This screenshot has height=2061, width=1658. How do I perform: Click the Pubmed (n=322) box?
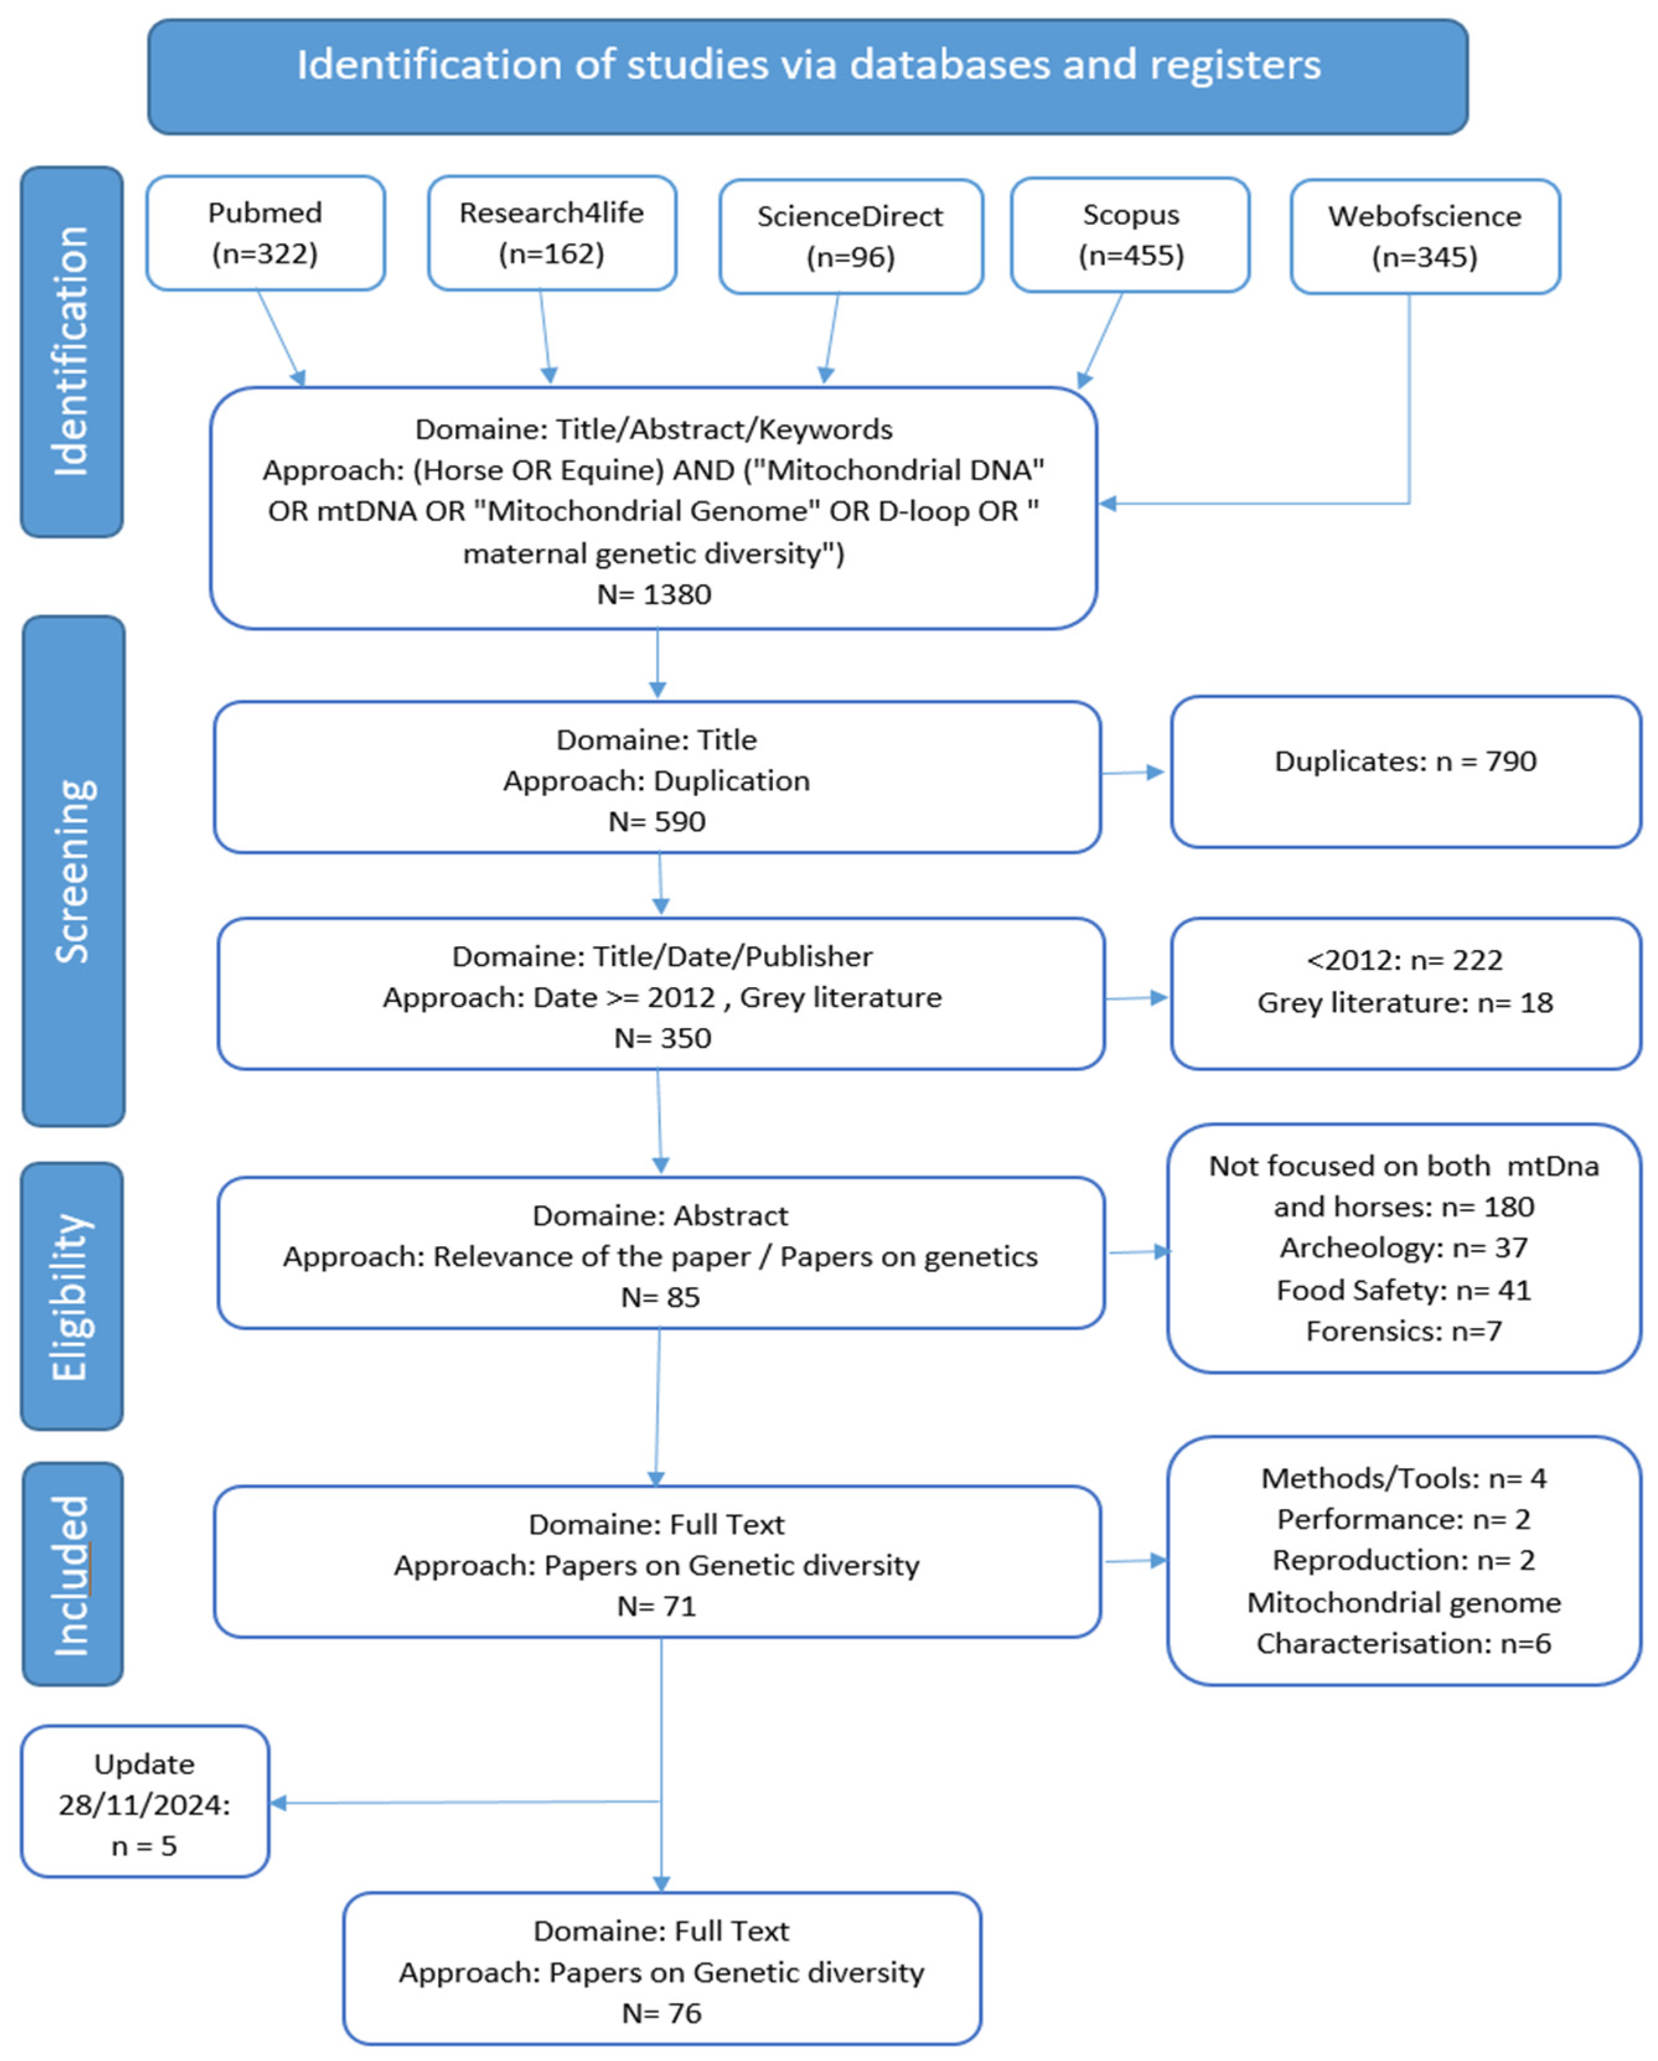tap(265, 232)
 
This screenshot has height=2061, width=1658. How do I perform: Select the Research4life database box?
tap(552, 232)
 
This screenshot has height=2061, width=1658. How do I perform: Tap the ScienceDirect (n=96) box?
tap(850, 236)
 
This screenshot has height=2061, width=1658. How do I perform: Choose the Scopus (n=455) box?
tap(1130, 234)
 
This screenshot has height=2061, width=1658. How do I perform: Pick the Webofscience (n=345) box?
tap(1425, 236)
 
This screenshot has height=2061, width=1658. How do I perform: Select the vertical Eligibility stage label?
tap(72, 1296)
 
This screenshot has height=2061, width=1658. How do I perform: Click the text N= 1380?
tap(654, 595)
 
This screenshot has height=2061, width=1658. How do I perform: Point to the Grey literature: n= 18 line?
tap(1404, 1003)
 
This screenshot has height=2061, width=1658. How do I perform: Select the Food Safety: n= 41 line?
tap(1404, 1291)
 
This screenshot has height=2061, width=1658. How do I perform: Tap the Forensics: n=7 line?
tap(1404, 1332)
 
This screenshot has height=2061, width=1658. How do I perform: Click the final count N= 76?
tap(662, 2013)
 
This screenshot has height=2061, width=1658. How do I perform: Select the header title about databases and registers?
tap(808, 65)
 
